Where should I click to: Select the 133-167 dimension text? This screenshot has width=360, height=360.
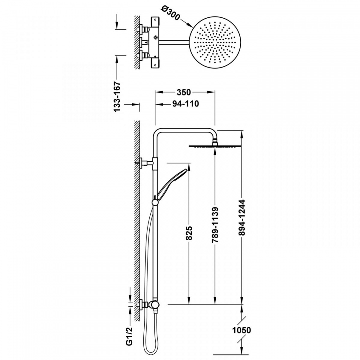coord(118,96)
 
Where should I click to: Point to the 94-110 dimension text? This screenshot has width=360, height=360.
coord(185,104)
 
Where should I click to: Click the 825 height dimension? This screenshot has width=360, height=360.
coord(189,233)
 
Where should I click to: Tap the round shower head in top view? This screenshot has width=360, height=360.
coord(215,42)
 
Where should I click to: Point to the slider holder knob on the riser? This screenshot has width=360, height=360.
coord(155,202)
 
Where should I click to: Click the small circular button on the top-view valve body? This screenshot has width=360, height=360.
coord(155,37)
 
